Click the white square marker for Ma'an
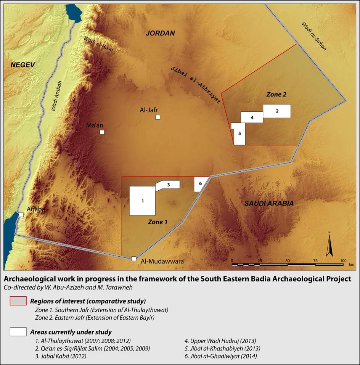pyautogui.click(x=102, y=132)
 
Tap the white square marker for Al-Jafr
pyautogui.click(x=157, y=117)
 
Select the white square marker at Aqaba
pyautogui.click(x=21, y=215)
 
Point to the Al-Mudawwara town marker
pyautogui.click(x=134, y=259)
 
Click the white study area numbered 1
pyautogui.click(x=142, y=201)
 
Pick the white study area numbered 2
pyautogui.click(x=277, y=111)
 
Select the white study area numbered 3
pyautogui.click(x=168, y=185)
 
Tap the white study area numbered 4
pyautogui.click(x=252, y=117)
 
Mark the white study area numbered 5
pyautogui.click(x=239, y=134)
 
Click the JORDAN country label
pyautogui.click(x=160, y=33)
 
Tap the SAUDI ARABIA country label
pyautogui.click(x=269, y=203)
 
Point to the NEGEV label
pyautogui.click(x=22, y=65)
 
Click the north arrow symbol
pyautogui.click(x=329, y=244)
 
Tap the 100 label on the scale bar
pyautogui.click(x=343, y=260)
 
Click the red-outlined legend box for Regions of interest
pyautogui.click(x=18, y=301)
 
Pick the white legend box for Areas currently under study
pyautogui.click(x=18, y=331)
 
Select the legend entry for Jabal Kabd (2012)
pyautogui.click(x=60, y=356)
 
